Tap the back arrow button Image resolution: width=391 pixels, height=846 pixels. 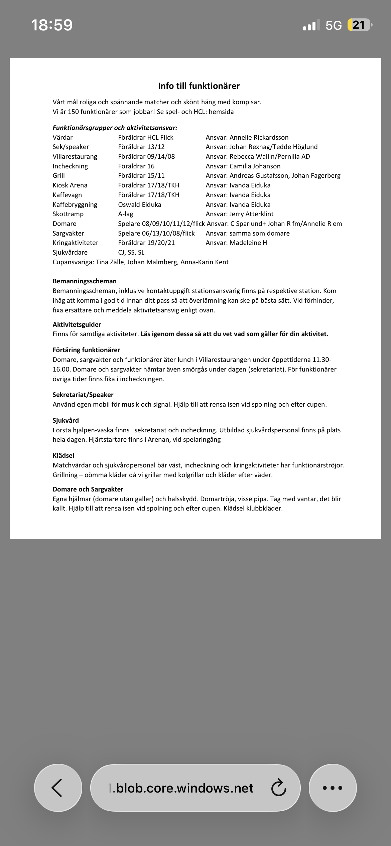pyautogui.click(x=57, y=788)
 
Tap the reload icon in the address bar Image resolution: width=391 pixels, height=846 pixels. pyautogui.click(x=278, y=788)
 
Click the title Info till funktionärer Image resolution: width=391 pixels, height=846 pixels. pyautogui.click(x=199, y=86)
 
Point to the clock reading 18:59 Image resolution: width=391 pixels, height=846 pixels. pyautogui.click(x=52, y=25)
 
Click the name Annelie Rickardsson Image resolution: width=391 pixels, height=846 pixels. pyautogui.click(x=259, y=137)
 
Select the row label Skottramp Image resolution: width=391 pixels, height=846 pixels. pyautogui.click(x=68, y=214)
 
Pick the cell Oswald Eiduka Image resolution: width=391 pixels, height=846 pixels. pyautogui.click(x=140, y=204)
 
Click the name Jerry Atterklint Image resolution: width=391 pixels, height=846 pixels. pyautogui.click(x=251, y=214)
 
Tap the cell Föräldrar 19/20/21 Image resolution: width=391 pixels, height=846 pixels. pyautogui.click(x=146, y=243)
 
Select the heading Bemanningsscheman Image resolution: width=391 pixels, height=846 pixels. pyautogui.click(x=85, y=281)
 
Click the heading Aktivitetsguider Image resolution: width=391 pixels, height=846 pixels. pyautogui.click(x=77, y=324)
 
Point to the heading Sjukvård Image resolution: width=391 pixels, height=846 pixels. pyautogui.click(x=66, y=420)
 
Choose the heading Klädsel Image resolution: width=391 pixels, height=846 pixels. pyautogui.click(x=63, y=455)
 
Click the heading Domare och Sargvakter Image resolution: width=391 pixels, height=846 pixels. pyautogui.click(x=88, y=489)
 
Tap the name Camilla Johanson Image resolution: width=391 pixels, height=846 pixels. pyautogui.click(x=255, y=166)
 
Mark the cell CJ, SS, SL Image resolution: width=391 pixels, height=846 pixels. pyautogui.click(x=131, y=252)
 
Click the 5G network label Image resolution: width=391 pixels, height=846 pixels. pyautogui.click(x=334, y=25)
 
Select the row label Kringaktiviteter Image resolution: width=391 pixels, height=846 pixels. pyautogui.click(x=76, y=243)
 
